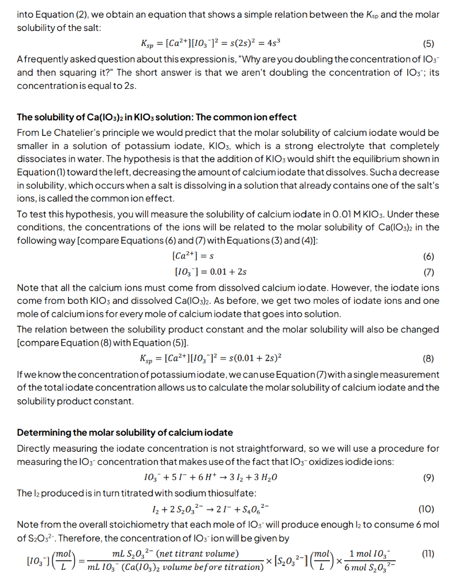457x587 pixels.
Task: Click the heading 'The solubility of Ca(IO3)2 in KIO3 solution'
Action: pos(156,117)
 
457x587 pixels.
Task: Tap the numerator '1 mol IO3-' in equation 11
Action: pos(371,553)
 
